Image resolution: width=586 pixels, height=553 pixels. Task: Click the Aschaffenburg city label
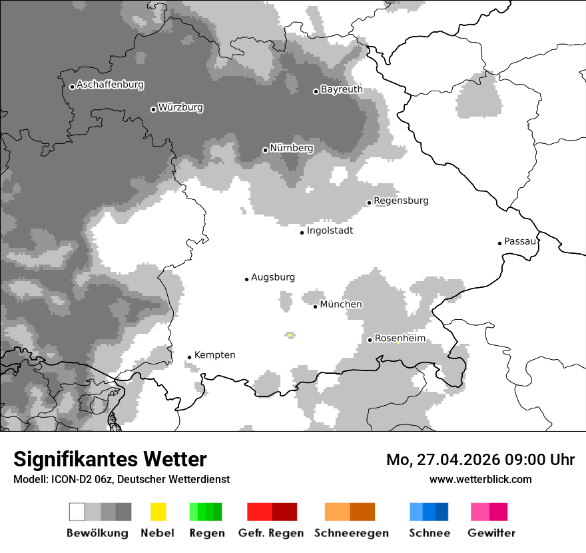(110, 85)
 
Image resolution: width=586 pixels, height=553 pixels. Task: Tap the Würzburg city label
(180, 107)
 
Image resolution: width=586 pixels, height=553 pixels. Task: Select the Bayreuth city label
(342, 89)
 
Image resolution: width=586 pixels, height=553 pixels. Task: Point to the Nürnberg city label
(291, 148)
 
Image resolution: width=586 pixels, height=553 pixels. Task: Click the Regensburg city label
(401, 201)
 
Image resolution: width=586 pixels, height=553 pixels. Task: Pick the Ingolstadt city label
(330, 231)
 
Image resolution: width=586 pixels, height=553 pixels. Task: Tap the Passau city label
(520, 241)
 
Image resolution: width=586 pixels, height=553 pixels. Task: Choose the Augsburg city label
(272, 277)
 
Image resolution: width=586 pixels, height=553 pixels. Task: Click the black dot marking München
(316, 306)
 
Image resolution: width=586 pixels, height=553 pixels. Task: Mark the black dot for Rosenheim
(370, 340)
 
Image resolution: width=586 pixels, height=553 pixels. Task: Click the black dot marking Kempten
(190, 357)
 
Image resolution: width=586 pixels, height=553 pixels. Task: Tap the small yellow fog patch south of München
(290, 335)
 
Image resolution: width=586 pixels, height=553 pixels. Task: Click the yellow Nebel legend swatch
(158, 512)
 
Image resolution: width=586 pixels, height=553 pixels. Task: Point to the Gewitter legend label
(491, 533)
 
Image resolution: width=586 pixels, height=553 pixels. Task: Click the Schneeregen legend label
(351, 533)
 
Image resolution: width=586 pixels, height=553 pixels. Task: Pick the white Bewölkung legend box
(77, 512)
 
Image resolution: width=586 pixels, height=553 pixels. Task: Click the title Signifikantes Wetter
(110, 460)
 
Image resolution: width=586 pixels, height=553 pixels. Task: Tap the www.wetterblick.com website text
(480, 479)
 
